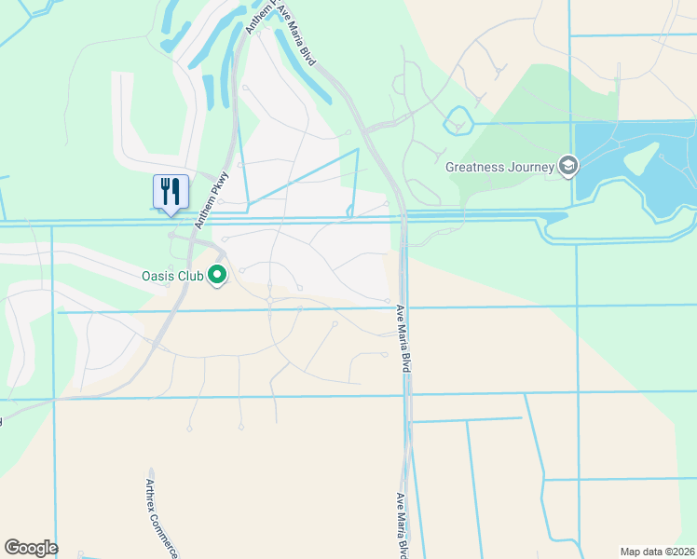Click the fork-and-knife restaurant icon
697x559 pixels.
click(171, 191)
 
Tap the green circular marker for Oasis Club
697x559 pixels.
click(218, 275)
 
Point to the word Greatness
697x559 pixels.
click(477, 167)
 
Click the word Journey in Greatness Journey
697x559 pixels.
click(531, 167)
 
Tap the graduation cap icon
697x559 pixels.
click(567, 166)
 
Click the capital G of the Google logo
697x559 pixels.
click(12, 548)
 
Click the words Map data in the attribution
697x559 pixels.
click(642, 552)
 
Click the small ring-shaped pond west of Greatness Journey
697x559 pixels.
click(458, 119)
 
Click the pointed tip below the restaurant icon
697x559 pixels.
click(171, 214)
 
